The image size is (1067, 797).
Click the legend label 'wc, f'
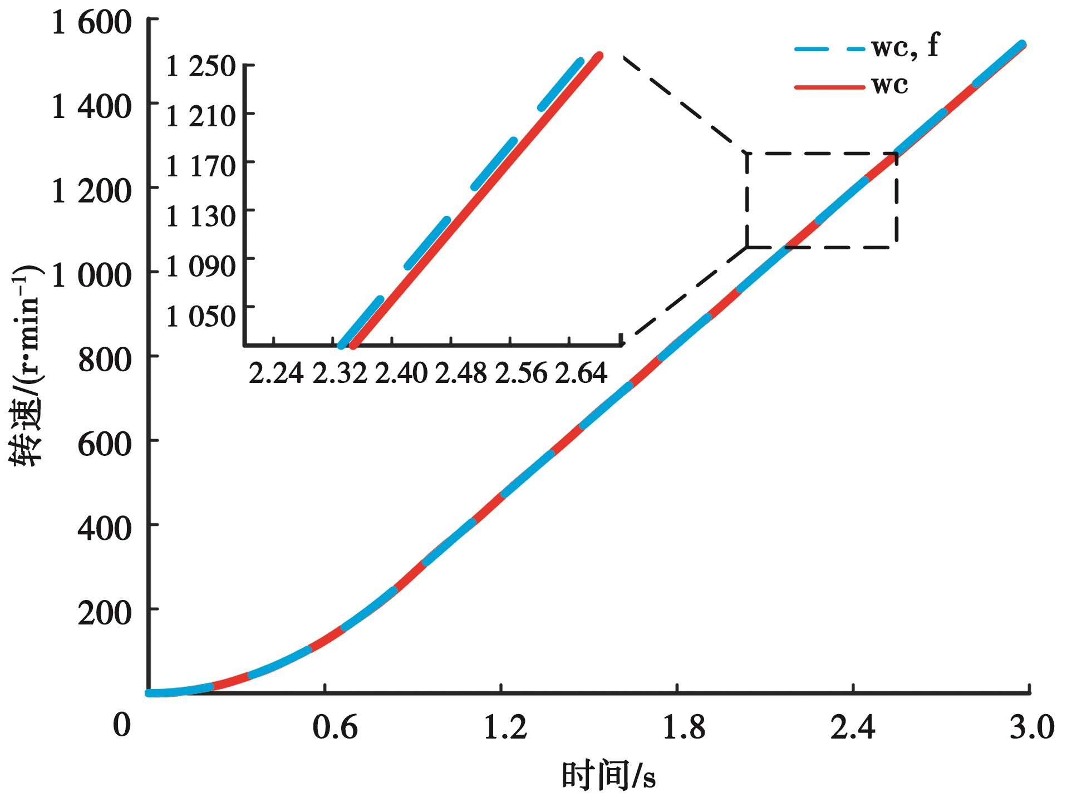[905, 47]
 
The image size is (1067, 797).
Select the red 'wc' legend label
[890, 85]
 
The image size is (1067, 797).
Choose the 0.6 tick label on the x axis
[335, 727]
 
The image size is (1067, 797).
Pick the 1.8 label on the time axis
[684, 727]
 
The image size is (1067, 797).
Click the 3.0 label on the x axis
[1031, 727]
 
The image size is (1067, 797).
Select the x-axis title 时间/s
[608, 775]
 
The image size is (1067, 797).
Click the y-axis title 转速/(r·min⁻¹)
[26, 365]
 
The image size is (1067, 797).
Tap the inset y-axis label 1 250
[201, 67]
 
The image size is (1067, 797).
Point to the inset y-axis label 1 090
[201, 266]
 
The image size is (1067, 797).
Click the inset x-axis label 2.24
[276, 373]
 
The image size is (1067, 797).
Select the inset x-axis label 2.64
[581, 373]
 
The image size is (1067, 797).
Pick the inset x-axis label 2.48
[461, 373]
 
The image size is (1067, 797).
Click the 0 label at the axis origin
[121, 725]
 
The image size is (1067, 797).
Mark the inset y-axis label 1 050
[201, 316]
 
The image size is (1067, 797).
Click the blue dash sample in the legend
[829, 48]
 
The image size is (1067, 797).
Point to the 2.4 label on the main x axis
[853, 727]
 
